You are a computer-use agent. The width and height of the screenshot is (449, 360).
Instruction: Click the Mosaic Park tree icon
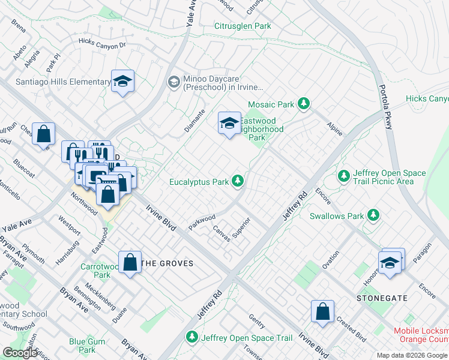click(304, 104)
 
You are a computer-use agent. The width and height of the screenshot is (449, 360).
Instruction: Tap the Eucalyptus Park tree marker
click(238, 181)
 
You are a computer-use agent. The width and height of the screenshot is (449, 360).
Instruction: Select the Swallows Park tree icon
click(373, 215)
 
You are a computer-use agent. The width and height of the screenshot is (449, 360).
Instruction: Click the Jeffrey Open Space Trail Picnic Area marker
click(343, 176)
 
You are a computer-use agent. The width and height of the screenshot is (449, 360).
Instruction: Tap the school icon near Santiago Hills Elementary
click(122, 82)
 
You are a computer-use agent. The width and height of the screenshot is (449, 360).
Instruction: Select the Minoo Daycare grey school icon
click(173, 82)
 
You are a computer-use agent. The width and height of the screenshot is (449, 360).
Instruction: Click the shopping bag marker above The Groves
click(130, 263)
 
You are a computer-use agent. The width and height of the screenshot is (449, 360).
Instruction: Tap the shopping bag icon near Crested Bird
click(322, 312)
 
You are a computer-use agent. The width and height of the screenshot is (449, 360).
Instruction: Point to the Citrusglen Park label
click(243, 26)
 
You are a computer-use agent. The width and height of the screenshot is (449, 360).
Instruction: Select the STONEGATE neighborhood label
click(382, 298)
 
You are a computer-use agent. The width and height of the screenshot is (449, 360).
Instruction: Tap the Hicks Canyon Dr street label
click(103, 43)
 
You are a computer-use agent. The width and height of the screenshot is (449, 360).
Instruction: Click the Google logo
click(21, 353)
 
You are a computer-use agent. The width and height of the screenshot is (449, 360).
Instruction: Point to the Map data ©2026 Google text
click(411, 355)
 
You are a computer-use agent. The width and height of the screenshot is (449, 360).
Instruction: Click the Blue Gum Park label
click(82, 346)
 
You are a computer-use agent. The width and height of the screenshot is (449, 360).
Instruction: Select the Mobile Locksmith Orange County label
click(421, 335)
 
